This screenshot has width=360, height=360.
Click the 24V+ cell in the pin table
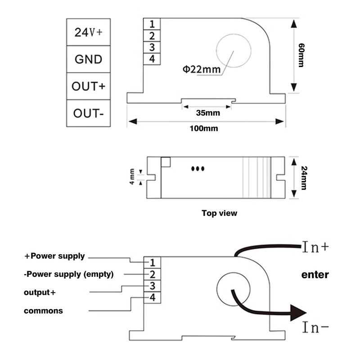point(88,32)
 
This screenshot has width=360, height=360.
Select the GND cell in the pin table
point(88,59)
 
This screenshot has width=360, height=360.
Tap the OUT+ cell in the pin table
point(88,86)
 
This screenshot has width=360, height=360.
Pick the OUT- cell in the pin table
point(88,113)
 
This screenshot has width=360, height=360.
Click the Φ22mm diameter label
point(202,69)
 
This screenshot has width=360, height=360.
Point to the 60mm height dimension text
point(301,56)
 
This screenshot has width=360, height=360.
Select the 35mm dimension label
point(208,112)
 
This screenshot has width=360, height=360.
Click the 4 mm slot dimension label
point(133,177)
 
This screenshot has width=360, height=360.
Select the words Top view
point(219,213)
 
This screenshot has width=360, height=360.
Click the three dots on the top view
point(198,169)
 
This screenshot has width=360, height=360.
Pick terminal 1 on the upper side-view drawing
point(152,23)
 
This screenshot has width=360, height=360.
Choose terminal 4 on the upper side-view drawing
point(152,58)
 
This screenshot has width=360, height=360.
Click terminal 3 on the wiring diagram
point(153,286)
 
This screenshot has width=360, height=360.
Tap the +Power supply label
point(54,256)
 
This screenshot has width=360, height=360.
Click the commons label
point(43,310)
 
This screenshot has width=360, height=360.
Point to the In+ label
point(315,247)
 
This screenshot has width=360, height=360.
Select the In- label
point(315,328)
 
